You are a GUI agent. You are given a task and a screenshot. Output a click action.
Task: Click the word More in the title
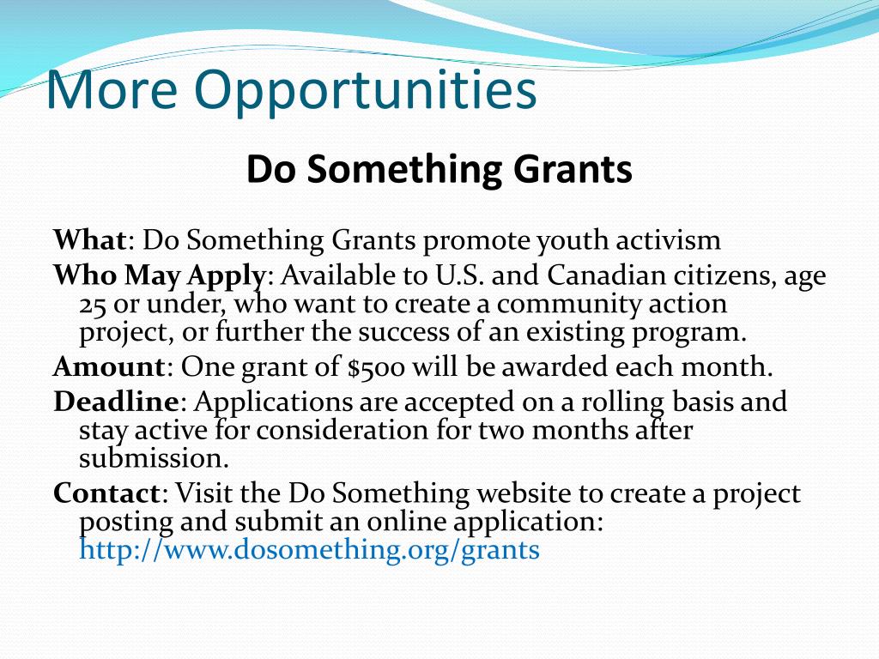click(x=112, y=89)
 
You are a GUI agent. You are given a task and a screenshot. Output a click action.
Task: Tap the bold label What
click(x=89, y=240)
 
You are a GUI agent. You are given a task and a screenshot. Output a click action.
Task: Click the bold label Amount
click(x=109, y=367)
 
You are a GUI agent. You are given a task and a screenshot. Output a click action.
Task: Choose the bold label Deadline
click(x=116, y=402)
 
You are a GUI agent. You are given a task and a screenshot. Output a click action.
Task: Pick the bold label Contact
click(x=107, y=493)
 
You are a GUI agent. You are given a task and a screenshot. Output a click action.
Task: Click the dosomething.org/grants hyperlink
click(x=309, y=550)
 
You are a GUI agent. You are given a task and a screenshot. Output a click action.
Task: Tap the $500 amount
click(x=376, y=368)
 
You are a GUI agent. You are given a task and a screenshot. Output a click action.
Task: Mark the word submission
click(x=155, y=459)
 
